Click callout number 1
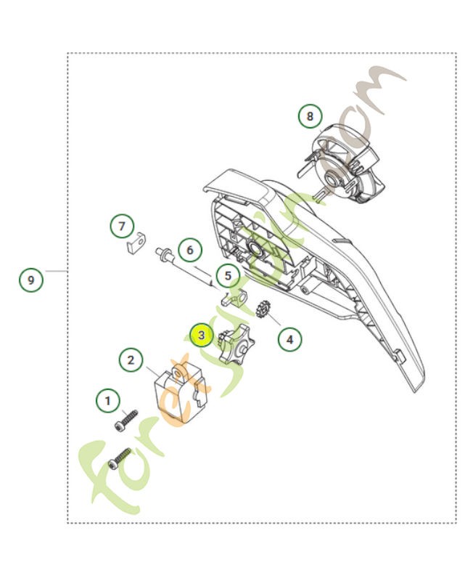(109, 399)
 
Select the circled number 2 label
(131, 359)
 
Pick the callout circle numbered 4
(289, 338)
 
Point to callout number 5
(228, 275)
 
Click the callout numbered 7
(122, 226)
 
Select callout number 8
(310, 115)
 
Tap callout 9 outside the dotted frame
(30, 279)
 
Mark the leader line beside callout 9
(55, 271)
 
